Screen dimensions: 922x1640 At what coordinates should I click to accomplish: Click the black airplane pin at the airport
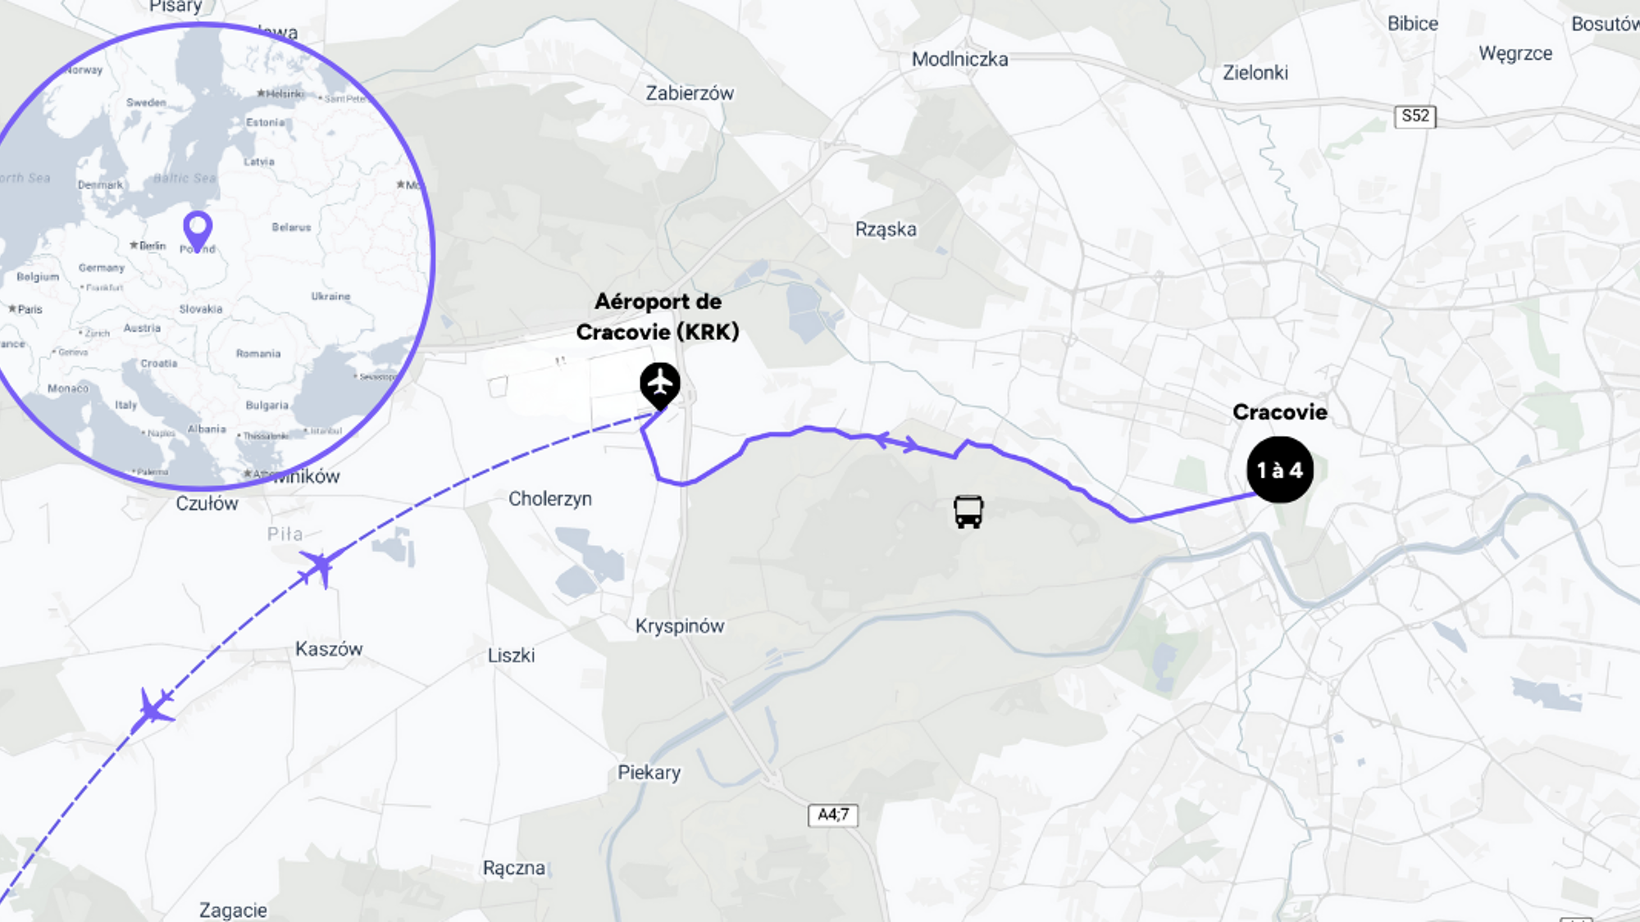[x=660, y=384]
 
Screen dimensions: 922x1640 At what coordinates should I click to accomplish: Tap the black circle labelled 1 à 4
[x=1279, y=470]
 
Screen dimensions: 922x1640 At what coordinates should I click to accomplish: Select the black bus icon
[x=968, y=511]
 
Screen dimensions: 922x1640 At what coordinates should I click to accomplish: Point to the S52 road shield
[x=1415, y=116]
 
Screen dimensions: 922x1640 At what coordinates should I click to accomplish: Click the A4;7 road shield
[x=833, y=815]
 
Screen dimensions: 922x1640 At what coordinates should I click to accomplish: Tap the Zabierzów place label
[x=690, y=93]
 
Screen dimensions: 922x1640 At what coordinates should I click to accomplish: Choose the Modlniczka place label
[x=959, y=59]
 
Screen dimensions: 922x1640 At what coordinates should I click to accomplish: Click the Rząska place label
[x=886, y=229]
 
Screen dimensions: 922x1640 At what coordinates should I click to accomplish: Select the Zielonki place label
[x=1255, y=73]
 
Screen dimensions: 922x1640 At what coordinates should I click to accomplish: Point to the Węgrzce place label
[x=1515, y=54]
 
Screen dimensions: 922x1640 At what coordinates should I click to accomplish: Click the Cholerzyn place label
[x=550, y=499]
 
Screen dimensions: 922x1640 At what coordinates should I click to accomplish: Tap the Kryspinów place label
[x=680, y=626]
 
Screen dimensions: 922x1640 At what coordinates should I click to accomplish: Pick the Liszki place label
[x=511, y=656]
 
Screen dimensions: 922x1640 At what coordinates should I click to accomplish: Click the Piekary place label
[x=649, y=773]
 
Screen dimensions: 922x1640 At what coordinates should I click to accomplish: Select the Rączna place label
[x=514, y=868]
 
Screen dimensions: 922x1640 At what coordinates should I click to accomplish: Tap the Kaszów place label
[x=329, y=649]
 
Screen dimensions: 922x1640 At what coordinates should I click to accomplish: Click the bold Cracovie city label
[x=1279, y=412]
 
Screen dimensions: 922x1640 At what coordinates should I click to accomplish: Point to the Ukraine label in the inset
[x=330, y=297]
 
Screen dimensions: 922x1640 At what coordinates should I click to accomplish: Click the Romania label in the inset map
[x=258, y=354]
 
